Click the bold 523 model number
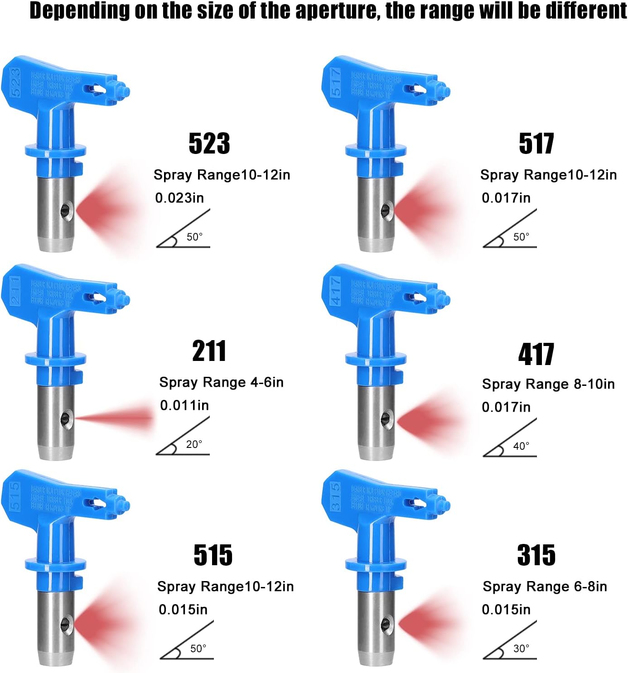pos(209,144)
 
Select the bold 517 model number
pos(536,144)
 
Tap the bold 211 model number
pos(209,351)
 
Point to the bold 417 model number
pos(536,354)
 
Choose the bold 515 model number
pos(213,555)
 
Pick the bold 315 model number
pos(536,555)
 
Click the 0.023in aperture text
pos(179,198)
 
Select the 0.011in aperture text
pos(184,405)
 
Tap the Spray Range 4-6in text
pos(221,382)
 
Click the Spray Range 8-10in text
pos(548,384)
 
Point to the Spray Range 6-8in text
pos(545,586)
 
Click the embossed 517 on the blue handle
pos(336,82)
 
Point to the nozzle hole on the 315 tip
pos(387,625)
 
